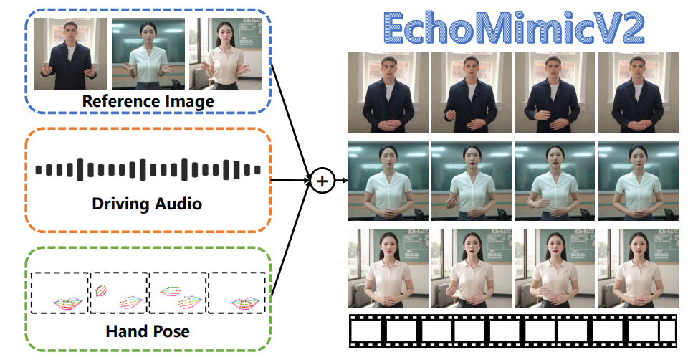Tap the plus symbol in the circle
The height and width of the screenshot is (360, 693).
tap(322, 181)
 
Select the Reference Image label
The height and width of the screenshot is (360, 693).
tap(148, 101)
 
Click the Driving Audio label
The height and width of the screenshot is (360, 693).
tap(147, 204)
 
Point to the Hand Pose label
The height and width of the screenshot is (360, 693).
tap(147, 331)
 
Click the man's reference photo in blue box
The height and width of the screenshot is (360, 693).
tap(71, 54)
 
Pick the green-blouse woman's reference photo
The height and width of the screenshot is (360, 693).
tap(148, 54)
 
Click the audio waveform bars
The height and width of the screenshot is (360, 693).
tap(148, 170)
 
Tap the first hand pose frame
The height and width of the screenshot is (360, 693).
tap(59, 293)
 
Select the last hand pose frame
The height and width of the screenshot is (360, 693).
tap(236, 293)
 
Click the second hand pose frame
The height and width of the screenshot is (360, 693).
tap(118, 293)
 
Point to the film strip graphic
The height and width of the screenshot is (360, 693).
tap(512, 331)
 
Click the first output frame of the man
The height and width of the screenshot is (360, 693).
tap(388, 93)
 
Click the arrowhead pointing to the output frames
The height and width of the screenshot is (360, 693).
tap(345, 181)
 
